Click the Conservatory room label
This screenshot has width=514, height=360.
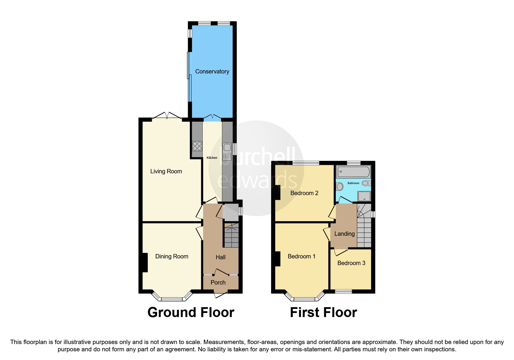coord(212,71)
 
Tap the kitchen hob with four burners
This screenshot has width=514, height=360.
coord(197,146)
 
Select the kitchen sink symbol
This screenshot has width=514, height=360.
coord(227,151)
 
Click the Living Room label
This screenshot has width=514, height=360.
coord(166,171)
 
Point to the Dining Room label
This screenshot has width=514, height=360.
coord(172,256)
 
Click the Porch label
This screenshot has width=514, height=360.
coord(218,282)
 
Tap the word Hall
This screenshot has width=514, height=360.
coord(221,257)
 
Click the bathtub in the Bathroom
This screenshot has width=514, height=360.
coord(353,172)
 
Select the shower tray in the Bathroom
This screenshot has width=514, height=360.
coord(364,196)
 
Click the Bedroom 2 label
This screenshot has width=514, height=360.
coord(304,193)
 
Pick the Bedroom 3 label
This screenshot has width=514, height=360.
coord(351,263)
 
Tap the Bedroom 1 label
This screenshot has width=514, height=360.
coord(301,256)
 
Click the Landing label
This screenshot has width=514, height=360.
coord(344,234)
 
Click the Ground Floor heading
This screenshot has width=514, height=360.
coord(191,312)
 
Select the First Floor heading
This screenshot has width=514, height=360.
coord(323,312)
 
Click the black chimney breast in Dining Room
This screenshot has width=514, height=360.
coord(145,262)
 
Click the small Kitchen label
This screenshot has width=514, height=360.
coord(212,158)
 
